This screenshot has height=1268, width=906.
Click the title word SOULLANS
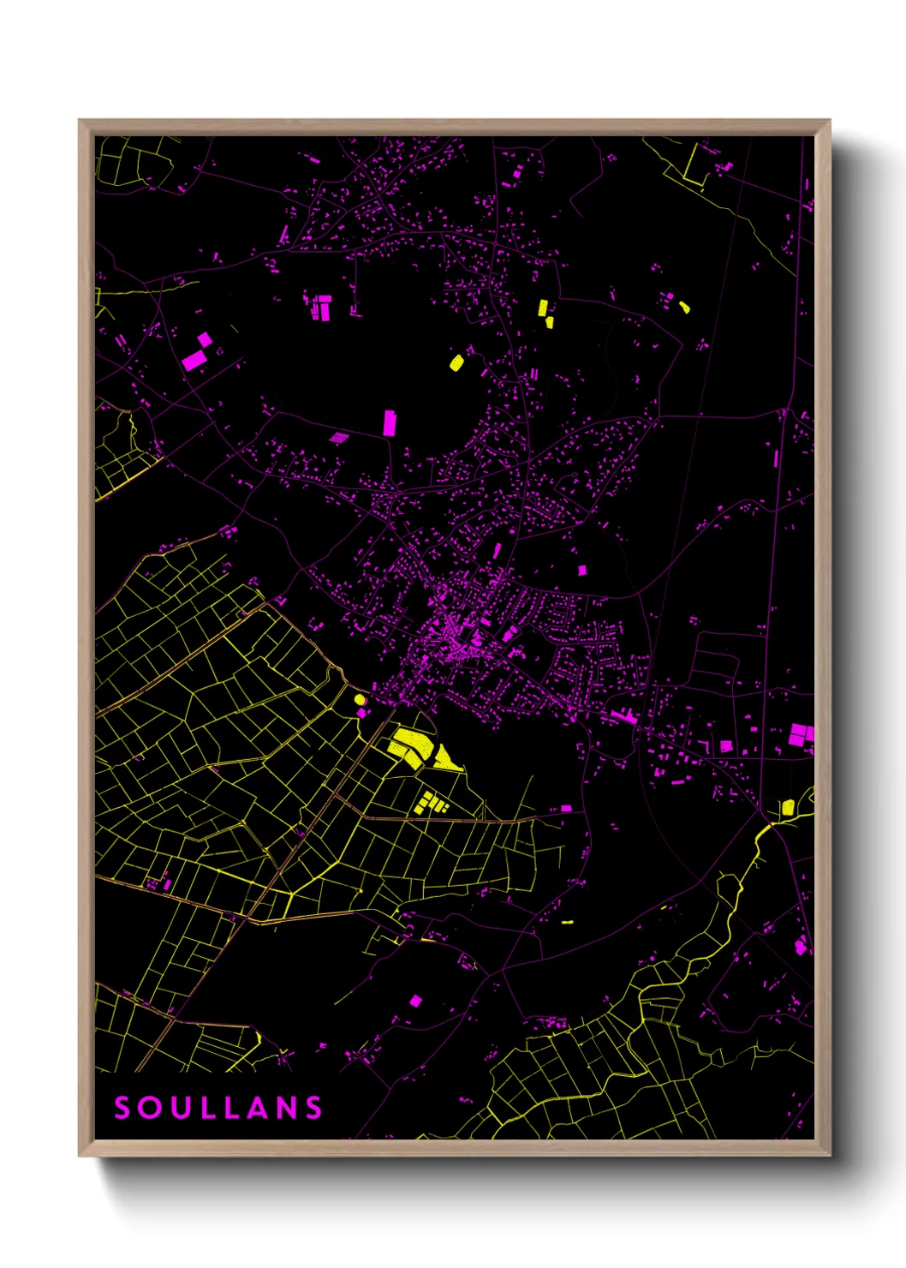pyautogui.click(x=218, y=1108)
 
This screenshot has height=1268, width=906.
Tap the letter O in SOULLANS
pyautogui.click(x=152, y=1108)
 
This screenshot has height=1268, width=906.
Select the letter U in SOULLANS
pyautogui.click(x=180, y=1108)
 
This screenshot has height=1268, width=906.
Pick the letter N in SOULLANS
pyautogui.click(x=287, y=1108)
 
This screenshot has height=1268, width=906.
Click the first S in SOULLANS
pyautogui.click(x=122, y=1108)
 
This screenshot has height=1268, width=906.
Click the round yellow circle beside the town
pyautogui.click(x=360, y=699)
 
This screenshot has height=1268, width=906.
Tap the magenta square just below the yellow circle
pyautogui.click(x=361, y=712)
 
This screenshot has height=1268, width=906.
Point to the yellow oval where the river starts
pyautogui.click(x=787, y=807)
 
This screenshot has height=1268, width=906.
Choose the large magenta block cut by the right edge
pyautogui.click(x=801, y=733)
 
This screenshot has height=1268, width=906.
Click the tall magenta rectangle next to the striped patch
pyautogui.click(x=390, y=422)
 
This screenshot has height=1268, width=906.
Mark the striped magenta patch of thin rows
pyautogui.click(x=339, y=438)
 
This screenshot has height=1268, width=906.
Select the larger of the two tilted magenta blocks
pyautogui.click(x=194, y=360)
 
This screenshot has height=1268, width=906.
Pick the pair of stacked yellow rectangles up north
pyautogui.click(x=545, y=314)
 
